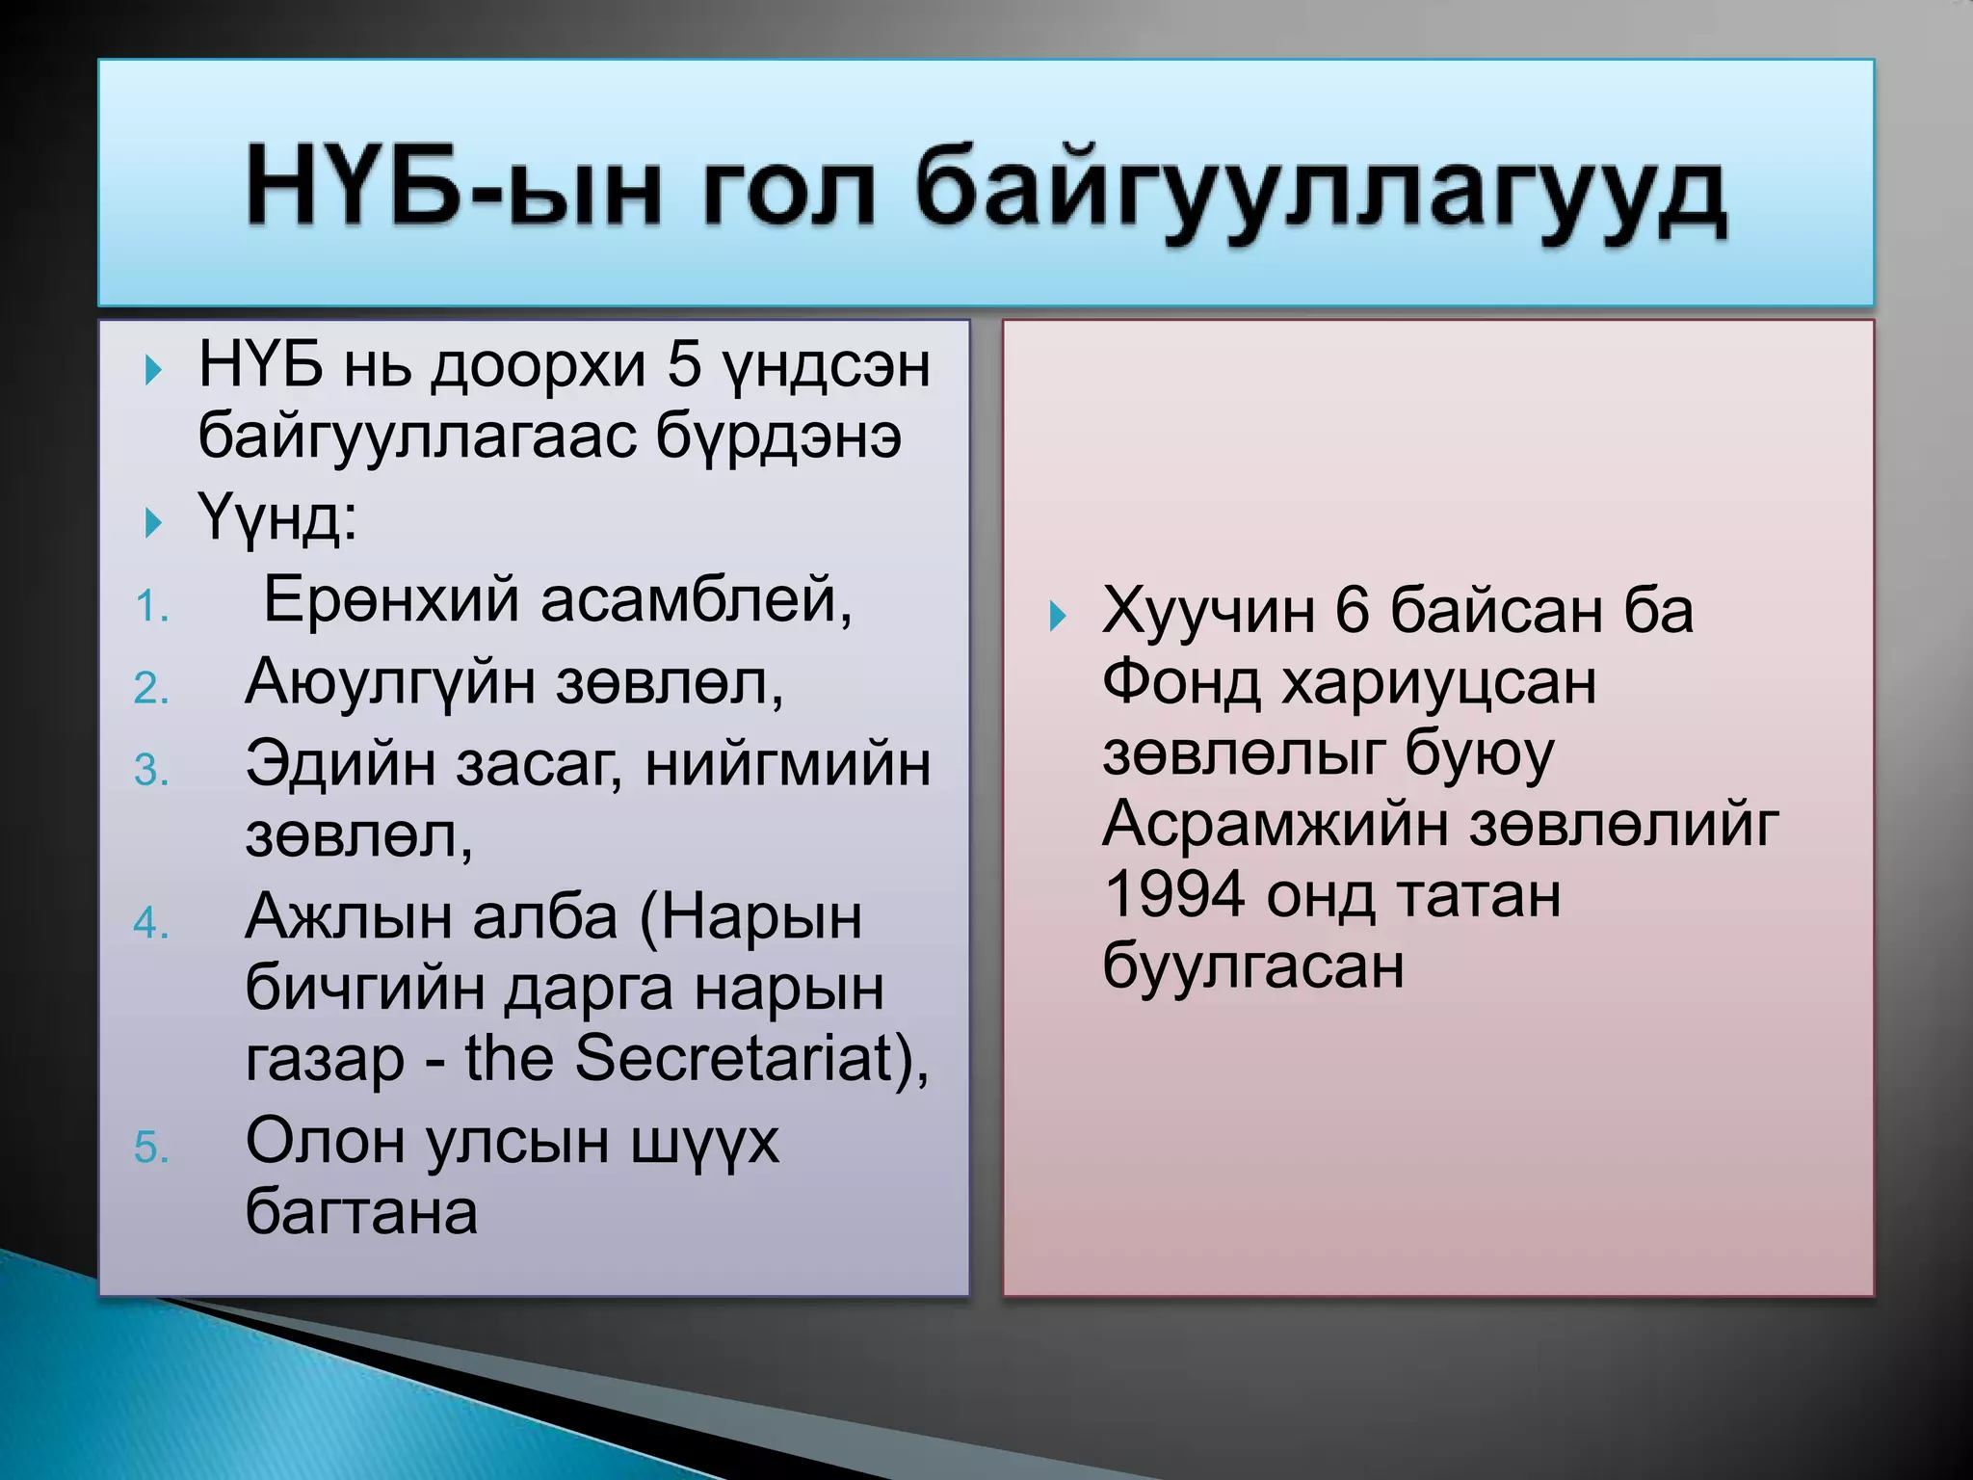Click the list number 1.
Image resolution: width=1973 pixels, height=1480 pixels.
click(x=151, y=607)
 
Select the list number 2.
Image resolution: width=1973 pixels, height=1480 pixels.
click(x=151, y=689)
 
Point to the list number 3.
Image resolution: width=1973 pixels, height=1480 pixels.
click(x=151, y=770)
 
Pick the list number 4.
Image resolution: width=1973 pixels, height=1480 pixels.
click(x=151, y=923)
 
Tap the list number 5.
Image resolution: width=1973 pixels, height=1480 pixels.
click(x=151, y=1148)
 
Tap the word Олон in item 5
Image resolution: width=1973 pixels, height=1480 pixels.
click(x=326, y=1141)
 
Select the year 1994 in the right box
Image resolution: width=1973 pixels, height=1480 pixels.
click(x=1174, y=894)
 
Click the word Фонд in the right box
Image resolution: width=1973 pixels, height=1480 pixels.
click(x=1181, y=682)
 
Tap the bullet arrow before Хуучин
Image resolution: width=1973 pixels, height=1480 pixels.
click(x=1058, y=615)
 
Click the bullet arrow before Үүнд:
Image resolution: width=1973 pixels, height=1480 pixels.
click(x=152, y=523)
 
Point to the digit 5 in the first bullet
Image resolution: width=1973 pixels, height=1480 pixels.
click(x=683, y=366)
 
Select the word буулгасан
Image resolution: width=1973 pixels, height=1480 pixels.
click(x=1252, y=965)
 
